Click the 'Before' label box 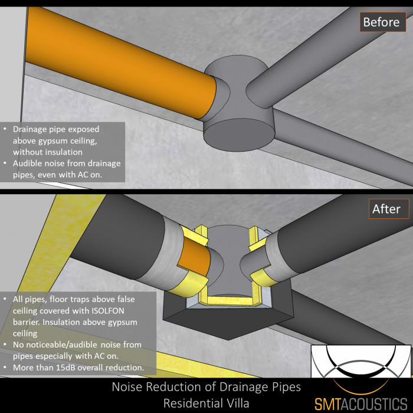pyautogui.click(x=381, y=22)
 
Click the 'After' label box pyautogui.click(x=386, y=209)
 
